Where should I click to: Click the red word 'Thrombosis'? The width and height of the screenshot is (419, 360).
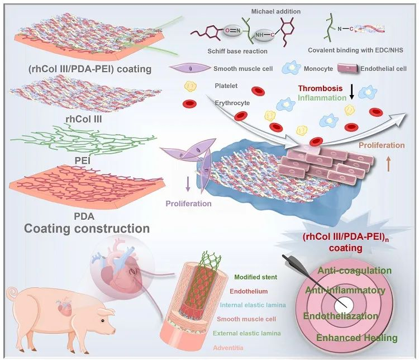click(320, 88)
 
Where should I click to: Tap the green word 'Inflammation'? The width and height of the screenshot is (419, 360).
click(322, 97)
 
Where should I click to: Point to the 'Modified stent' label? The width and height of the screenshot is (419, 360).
click(258, 277)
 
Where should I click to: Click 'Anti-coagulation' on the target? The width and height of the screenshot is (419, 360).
click(354, 271)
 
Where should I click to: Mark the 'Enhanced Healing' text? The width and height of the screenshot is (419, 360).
click(356, 337)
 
